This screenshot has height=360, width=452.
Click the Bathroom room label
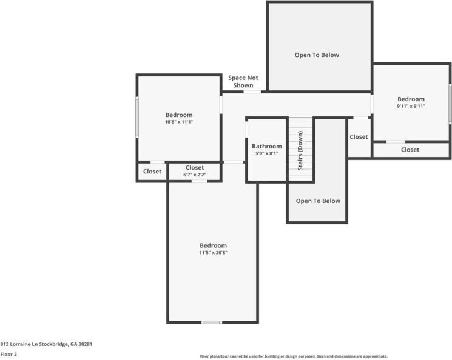tap(267, 146)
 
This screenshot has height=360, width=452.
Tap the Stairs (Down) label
tap(300, 150)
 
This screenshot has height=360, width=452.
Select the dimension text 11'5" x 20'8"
tap(213, 252)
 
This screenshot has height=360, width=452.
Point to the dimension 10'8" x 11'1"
tap(179, 122)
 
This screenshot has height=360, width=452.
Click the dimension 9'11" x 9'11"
tap(411, 106)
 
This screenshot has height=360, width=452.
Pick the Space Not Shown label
tap(243, 81)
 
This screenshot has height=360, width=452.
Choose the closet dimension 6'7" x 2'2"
tap(195, 175)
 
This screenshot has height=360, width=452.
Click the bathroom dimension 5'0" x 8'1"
tap(267, 153)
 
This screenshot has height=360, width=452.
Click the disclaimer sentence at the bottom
tap(294, 356)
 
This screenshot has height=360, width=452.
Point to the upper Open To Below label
tap(317, 55)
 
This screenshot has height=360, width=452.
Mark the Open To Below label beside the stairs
tap(318, 201)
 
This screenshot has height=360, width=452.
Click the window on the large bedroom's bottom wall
tap(211, 322)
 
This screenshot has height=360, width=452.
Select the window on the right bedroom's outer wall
tap(450, 104)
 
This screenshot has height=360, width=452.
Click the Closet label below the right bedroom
tap(410, 149)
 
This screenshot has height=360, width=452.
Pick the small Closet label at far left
tap(152, 172)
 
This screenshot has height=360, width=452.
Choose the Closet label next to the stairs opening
tap(359, 137)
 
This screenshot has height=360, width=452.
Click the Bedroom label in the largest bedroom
tap(213, 245)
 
